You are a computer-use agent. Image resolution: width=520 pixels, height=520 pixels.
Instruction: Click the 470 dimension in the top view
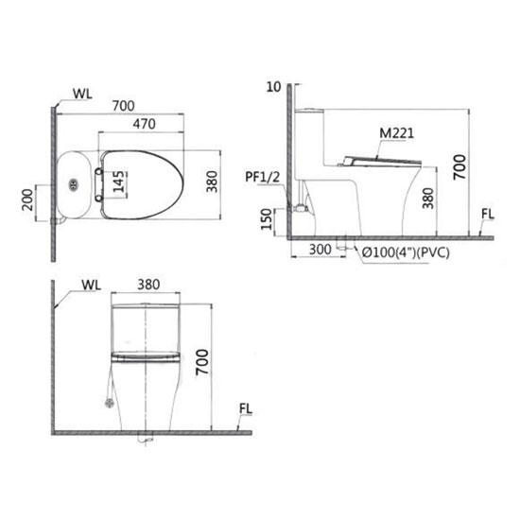tap(145, 124)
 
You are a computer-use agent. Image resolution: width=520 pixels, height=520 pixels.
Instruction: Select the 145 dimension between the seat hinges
tap(118, 182)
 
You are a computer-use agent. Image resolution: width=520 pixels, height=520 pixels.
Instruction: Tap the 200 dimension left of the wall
tap(27, 200)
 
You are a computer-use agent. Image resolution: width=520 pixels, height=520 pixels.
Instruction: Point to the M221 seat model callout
tap(397, 133)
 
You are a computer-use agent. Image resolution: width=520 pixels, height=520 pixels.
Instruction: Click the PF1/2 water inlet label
tap(262, 178)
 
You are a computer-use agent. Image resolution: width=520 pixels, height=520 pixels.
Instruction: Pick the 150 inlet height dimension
tap(267, 219)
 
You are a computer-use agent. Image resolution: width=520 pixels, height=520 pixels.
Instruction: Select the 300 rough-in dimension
tap(320, 250)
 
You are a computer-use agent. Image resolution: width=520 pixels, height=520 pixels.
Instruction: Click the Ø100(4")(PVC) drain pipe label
tap(406, 252)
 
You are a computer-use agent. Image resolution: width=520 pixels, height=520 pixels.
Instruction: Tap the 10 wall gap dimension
tap(273, 87)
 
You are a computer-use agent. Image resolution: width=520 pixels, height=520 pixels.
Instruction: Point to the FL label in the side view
tap(488, 215)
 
